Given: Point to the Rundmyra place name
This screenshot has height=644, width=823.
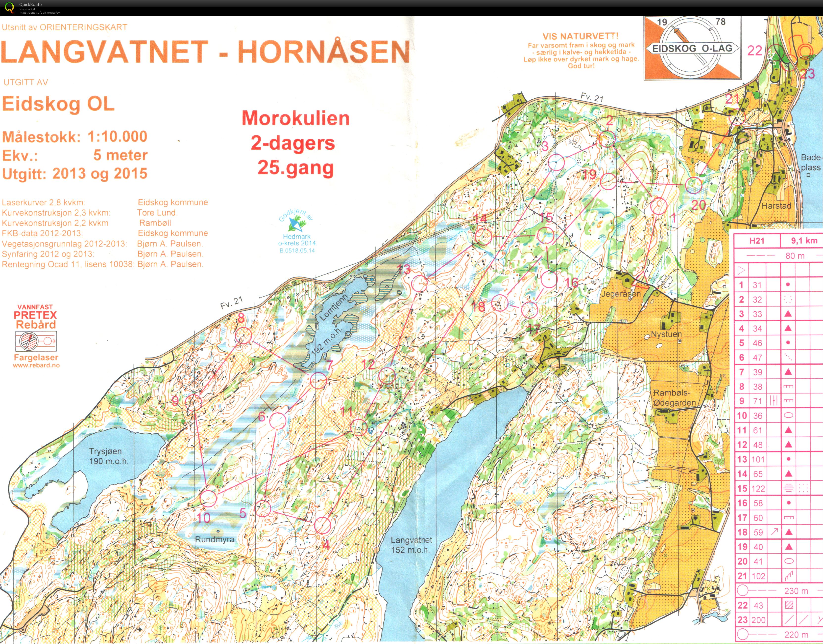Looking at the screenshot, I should tap(215, 539).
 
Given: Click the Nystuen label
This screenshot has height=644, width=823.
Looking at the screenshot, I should tap(666, 334).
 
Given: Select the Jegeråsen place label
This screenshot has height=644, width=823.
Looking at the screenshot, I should tap(621, 294).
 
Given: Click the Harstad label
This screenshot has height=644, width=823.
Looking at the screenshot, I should tap(776, 206).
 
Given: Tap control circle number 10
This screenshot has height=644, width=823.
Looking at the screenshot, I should tap(208, 498).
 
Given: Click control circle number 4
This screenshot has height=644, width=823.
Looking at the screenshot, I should tap(322, 525).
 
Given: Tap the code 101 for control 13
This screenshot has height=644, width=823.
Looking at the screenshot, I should tap(757, 459).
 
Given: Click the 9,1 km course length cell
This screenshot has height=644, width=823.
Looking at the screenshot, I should tap(804, 241).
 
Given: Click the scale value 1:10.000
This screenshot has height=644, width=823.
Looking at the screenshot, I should tap(117, 137).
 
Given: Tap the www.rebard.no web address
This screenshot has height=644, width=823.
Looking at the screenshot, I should tap(36, 365).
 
